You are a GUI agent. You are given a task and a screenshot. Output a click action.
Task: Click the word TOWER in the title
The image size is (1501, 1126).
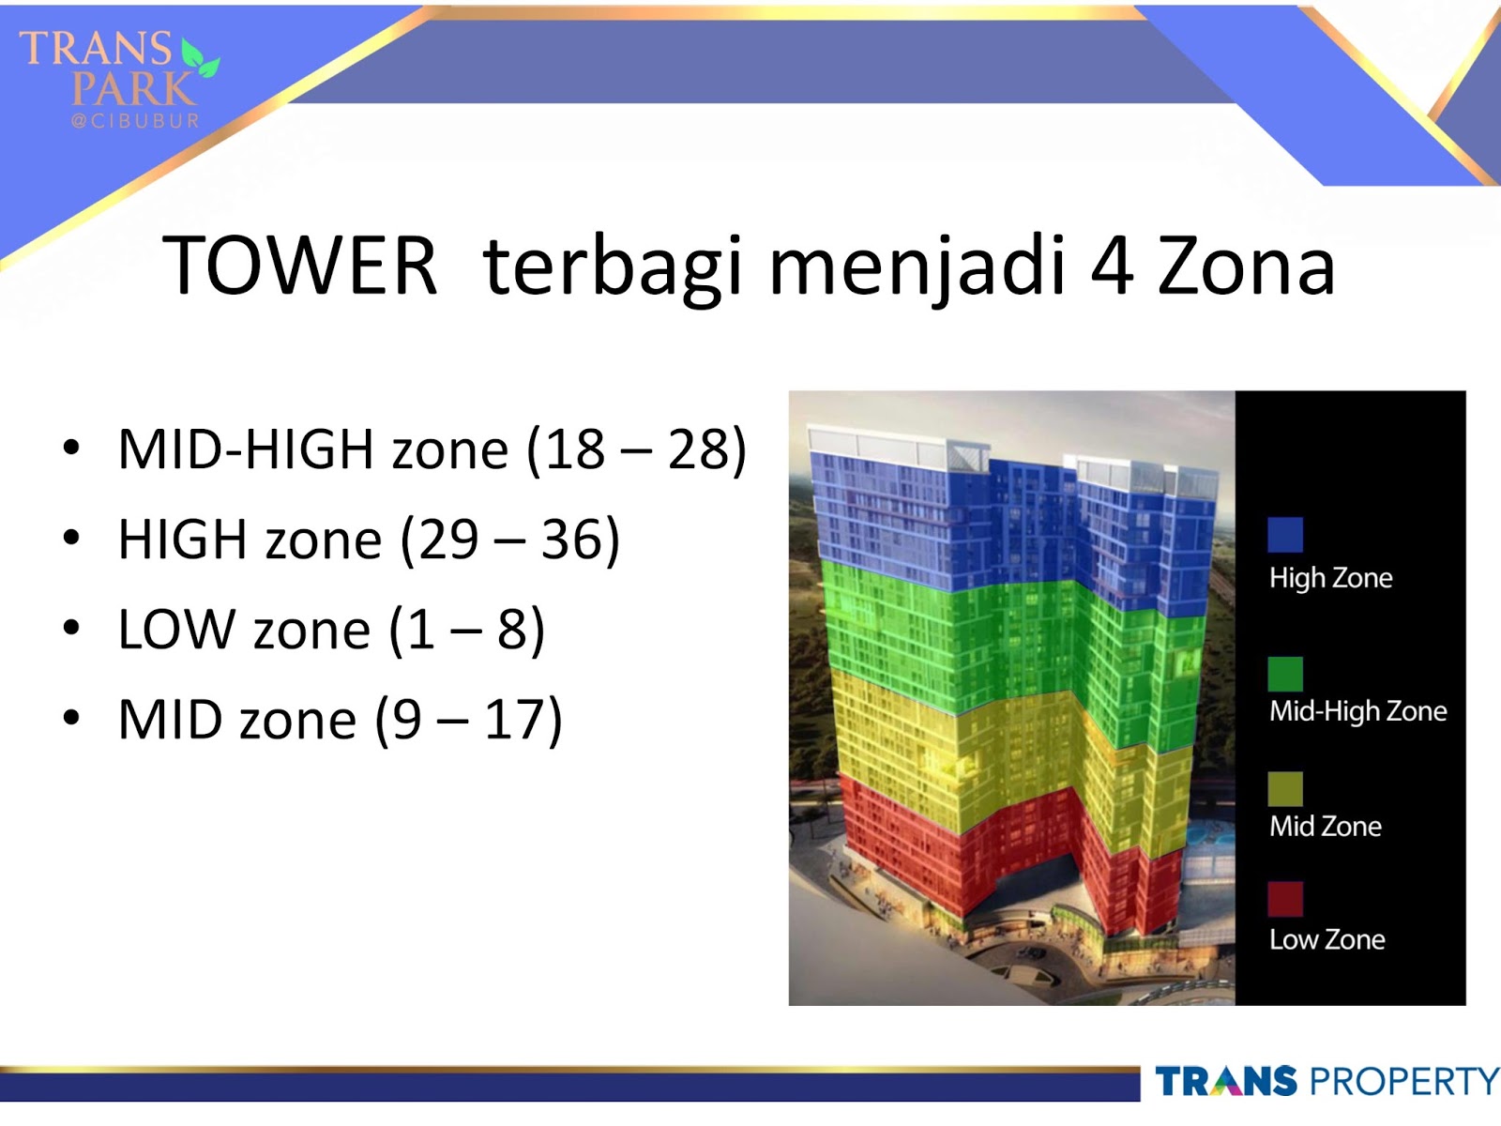tap(299, 266)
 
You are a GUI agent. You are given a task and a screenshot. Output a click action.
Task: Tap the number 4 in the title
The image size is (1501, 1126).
tap(1112, 266)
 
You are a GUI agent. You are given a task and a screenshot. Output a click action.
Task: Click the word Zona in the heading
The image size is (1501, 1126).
tap(1246, 266)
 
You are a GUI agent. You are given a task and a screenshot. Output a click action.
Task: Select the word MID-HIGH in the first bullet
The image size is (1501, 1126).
tap(246, 449)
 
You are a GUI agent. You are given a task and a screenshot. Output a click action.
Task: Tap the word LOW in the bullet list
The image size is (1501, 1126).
tap(176, 630)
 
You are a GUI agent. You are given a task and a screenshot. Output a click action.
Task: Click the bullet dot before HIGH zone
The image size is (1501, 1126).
tap(71, 539)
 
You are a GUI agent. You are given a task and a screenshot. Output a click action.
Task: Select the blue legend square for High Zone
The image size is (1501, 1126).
tap(1284, 535)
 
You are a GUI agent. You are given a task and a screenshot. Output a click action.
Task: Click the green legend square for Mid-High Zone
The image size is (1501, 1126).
tap(1284, 674)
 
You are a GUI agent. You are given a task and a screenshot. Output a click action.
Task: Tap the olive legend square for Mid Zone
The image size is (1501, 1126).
tap(1284, 789)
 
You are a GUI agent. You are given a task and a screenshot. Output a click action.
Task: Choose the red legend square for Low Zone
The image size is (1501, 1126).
tap(1284, 899)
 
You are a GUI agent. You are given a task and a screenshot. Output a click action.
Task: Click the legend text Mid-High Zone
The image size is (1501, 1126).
tap(1357, 711)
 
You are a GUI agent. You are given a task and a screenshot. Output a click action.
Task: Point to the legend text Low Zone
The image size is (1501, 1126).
tap(1327, 939)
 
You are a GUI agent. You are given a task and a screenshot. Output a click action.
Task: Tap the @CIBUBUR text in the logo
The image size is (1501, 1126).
tap(135, 121)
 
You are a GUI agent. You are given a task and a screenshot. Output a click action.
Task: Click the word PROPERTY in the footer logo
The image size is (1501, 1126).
tap(1404, 1082)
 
